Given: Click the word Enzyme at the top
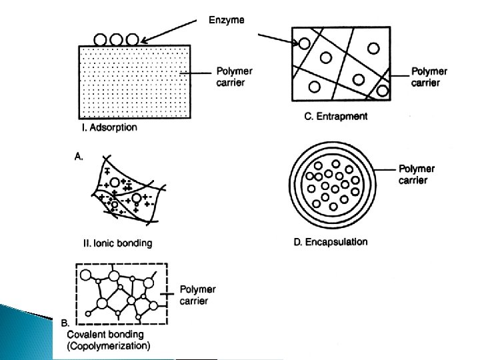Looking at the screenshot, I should coord(227,21).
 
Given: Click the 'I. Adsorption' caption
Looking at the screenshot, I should coord(109,127).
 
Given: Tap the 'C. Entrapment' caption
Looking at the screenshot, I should coord(335,116).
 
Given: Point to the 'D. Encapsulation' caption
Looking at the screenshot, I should coord(330,241).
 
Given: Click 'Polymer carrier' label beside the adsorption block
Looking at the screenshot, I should coord(234,77).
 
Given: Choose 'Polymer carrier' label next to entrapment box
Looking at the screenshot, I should coord(429,77).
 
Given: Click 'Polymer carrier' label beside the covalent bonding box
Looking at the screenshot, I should coord(198,295).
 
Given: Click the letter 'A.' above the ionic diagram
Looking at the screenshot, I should coord(79,156).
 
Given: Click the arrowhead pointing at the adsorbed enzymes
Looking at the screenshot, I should coord(143,41).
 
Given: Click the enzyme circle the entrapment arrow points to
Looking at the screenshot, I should coord(303,43).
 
